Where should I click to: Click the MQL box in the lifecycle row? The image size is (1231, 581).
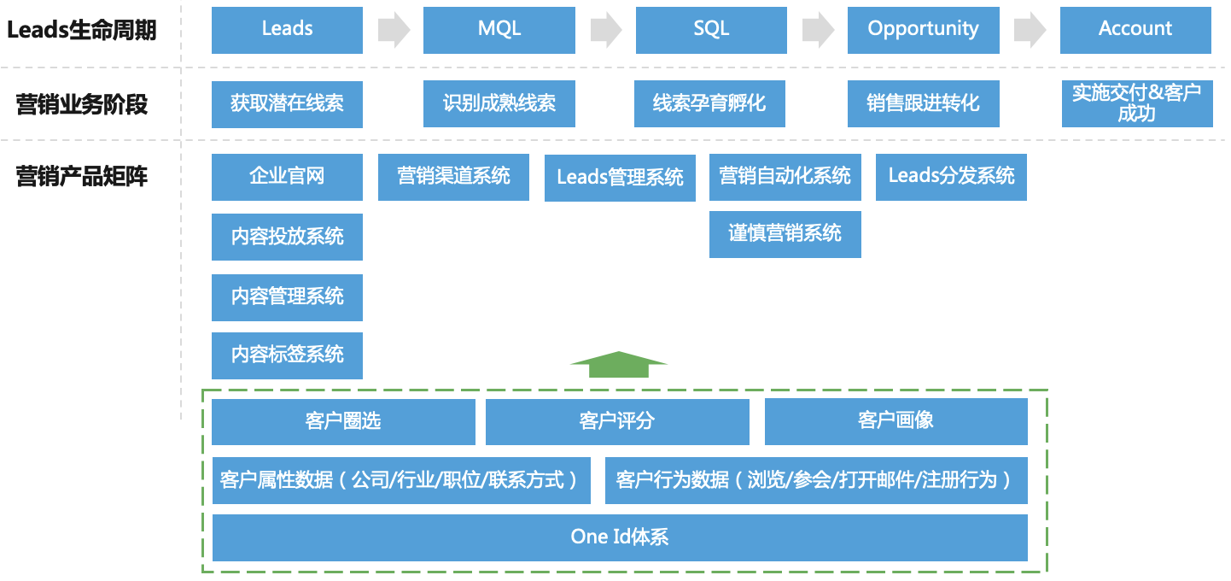499,30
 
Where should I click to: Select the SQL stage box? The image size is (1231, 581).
711,30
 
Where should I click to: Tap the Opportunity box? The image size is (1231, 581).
923,30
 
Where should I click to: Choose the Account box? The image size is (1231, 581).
1135,30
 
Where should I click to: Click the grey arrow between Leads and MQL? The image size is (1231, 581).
394,30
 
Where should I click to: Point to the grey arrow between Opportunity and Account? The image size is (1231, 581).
1030,30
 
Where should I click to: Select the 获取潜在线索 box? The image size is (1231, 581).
287,104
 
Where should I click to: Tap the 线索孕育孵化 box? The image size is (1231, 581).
709,104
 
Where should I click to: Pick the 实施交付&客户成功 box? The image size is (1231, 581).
1136,104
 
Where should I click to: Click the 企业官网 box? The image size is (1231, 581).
287,177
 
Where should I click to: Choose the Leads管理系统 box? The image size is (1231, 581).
620,178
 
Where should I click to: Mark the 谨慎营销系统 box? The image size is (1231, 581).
785,234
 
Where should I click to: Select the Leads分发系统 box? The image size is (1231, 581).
951,177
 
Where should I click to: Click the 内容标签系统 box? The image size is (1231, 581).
287,355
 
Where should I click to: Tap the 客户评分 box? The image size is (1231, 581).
617,421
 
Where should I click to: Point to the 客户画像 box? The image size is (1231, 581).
896,421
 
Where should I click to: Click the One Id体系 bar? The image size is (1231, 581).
620,537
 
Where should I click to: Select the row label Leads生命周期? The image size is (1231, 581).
82,31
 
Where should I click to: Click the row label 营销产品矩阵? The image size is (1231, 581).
82,177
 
